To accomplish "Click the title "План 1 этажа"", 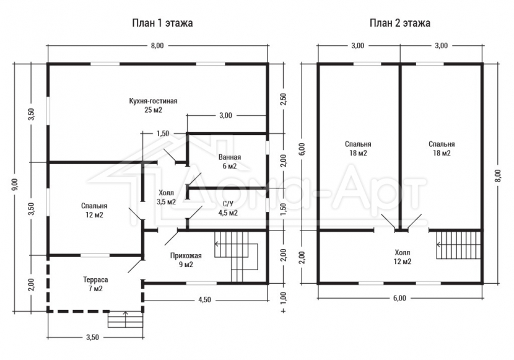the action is (162, 23).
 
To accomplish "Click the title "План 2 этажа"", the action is (400, 23).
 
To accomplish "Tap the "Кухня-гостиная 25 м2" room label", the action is (154, 105).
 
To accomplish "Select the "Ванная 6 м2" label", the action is (230, 162).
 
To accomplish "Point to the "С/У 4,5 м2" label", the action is (228, 208).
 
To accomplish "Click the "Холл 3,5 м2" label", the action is (166, 198).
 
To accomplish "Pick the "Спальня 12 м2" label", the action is (94, 211).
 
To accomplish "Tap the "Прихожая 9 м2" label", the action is (186, 260).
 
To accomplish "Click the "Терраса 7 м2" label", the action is (95, 284).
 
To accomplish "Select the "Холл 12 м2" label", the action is (402, 257).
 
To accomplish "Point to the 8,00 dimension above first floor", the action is (157, 46).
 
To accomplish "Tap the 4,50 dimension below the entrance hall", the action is (205, 300).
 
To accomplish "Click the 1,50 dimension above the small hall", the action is (163, 133).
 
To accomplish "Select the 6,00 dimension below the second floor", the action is (400, 298).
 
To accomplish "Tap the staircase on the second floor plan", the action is (459, 245).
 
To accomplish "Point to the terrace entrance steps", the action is (126, 319).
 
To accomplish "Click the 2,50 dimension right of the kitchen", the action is (283, 99).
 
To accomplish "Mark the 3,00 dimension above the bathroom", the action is (225, 115).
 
